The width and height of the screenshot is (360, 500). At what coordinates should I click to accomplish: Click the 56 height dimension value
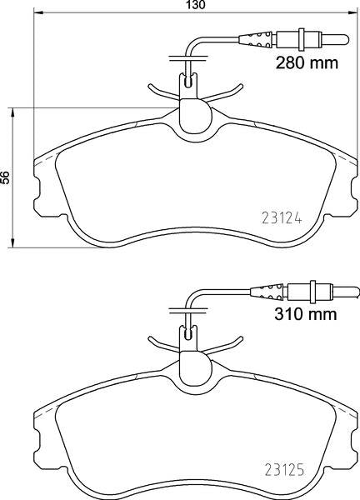[5, 177]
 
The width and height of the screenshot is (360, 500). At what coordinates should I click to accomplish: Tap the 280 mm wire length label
[307, 62]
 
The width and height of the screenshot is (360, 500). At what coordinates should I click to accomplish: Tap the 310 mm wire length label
[306, 314]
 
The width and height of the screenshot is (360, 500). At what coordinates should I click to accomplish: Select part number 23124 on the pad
[282, 218]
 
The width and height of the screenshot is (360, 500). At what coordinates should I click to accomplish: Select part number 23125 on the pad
[285, 470]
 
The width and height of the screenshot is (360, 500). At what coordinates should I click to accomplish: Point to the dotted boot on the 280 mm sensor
[256, 39]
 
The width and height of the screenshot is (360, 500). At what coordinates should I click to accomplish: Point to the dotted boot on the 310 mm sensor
[267, 291]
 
